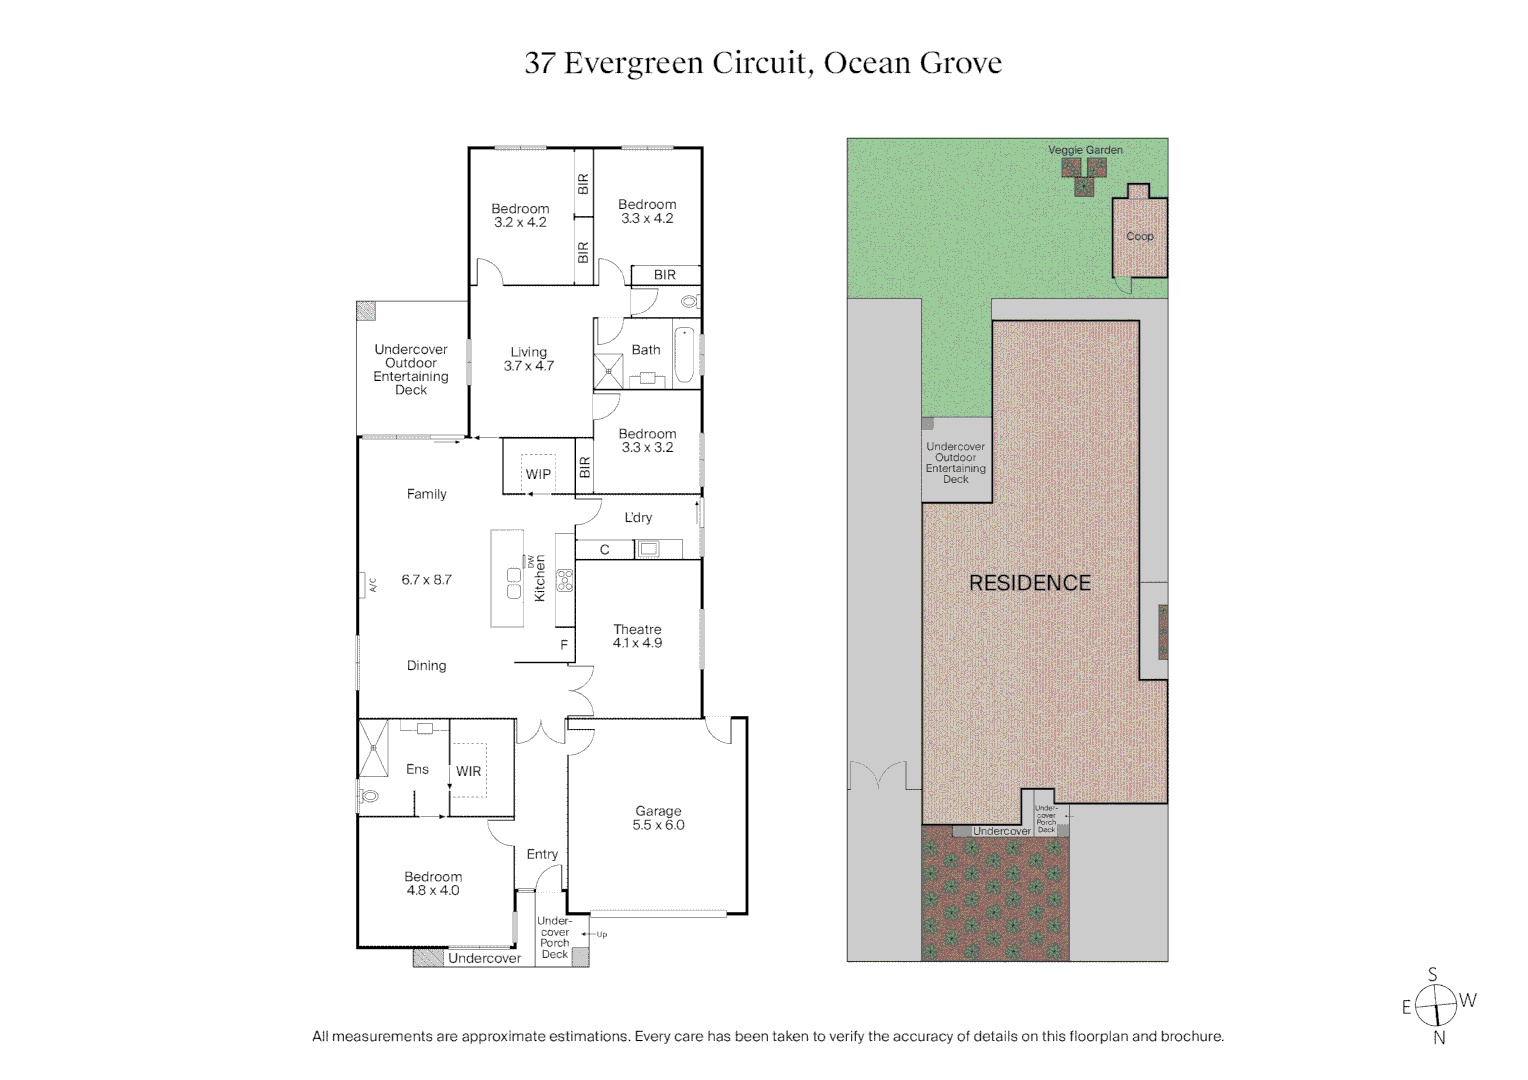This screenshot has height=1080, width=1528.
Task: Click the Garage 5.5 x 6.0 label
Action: (x=658, y=818)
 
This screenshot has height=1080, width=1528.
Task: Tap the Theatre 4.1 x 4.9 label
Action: (x=637, y=636)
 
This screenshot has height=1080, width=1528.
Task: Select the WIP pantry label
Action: (x=538, y=474)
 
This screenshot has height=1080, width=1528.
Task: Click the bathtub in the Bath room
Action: (x=684, y=355)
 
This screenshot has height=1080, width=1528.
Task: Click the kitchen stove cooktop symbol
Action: (x=565, y=579)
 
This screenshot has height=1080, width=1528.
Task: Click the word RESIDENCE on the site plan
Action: (x=1029, y=583)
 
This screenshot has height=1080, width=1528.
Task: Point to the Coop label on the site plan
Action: (x=1139, y=237)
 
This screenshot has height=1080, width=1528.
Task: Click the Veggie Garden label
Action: (x=1085, y=150)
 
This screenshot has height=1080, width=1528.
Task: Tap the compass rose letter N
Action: (x=1439, y=1038)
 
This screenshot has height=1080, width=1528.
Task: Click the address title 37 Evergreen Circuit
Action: (x=763, y=63)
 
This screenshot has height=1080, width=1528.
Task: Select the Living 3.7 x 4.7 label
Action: (x=528, y=359)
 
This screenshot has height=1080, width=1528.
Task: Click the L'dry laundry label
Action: (x=638, y=517)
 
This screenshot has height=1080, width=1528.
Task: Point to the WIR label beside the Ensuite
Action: (x=468, y=771)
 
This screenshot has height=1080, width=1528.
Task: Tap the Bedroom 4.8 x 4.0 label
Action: (x=433, y=883)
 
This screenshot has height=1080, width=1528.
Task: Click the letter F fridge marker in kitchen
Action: (x=564, y=645)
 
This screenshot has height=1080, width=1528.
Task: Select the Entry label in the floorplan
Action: (x=542, y=854)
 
